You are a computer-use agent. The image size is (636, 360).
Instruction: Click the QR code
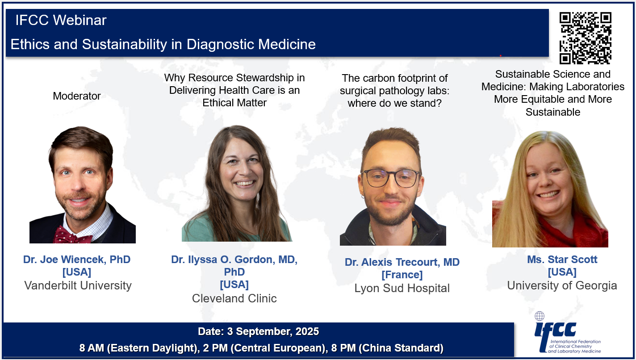(585, 38)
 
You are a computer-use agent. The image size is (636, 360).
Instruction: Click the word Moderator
(77, 96)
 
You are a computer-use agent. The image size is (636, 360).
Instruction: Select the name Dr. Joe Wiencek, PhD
(77, 260)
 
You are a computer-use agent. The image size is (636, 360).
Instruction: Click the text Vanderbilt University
(78, 285)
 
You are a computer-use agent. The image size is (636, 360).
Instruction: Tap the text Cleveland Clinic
(234, 298)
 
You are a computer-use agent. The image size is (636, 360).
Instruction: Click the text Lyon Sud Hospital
(402, 288)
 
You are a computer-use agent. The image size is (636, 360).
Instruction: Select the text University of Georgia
(562, 285)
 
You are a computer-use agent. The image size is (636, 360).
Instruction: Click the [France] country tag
(402, 275)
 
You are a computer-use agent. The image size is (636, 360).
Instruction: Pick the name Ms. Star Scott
(562, 260)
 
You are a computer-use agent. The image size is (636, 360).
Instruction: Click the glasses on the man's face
(391, 178)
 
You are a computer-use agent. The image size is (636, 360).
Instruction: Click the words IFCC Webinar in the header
(61, 20)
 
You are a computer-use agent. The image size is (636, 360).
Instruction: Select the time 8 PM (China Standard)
(387, 348)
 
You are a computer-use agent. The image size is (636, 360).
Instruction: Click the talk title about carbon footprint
(395, 91)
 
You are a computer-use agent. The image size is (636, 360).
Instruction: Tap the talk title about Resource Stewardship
(234, 90)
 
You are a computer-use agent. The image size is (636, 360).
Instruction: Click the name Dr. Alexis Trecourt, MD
(402, 262)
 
